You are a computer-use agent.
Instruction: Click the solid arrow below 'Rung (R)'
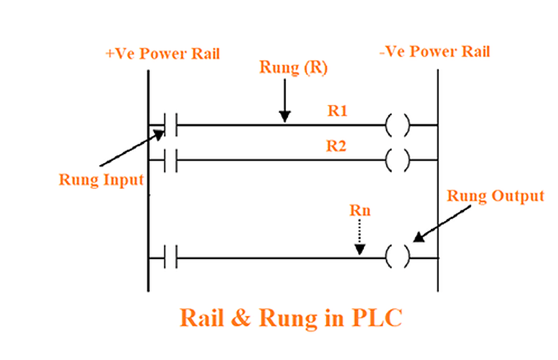pos(284,100)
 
